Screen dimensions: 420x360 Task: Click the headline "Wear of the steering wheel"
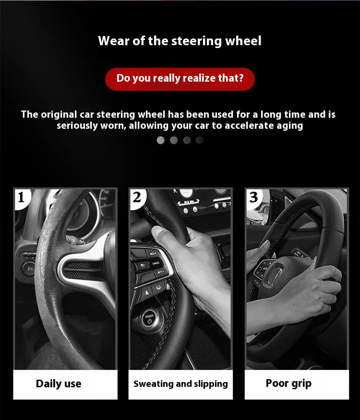(180, 41)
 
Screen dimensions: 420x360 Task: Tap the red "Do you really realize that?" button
(180, 78)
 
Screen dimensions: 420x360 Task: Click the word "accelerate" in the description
(237, 126)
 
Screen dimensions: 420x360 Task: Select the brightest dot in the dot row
(161, 140)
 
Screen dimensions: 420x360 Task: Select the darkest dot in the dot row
(200, 140)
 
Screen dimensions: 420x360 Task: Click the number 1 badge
(21, 197)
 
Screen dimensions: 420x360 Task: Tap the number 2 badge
(137, 197)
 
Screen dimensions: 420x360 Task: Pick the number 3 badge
(253, 197)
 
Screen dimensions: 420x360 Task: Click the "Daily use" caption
(59, 383)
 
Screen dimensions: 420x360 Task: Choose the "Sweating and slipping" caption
(180, 383)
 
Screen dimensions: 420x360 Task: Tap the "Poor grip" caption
(288, 383)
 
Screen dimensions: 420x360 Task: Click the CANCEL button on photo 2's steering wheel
(156, 263)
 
